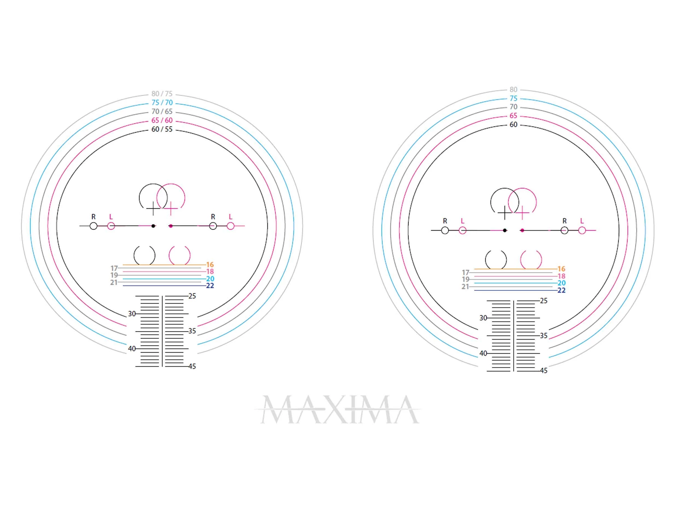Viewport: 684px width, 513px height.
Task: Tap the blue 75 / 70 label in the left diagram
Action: coord(162,103)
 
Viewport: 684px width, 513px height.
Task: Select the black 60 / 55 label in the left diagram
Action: coord(162,129)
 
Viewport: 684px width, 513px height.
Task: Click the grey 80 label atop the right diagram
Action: coord(513,90)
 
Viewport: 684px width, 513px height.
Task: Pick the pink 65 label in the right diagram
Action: coord(513,116)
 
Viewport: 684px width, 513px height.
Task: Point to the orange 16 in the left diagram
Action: coord(210,265)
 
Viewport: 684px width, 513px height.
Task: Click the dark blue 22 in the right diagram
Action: coord(561,290)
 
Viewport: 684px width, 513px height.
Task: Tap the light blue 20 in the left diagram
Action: coord(210,279)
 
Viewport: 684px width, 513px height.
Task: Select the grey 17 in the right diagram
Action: coord(465,273)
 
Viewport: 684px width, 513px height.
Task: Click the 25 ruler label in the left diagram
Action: coord(192,296)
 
